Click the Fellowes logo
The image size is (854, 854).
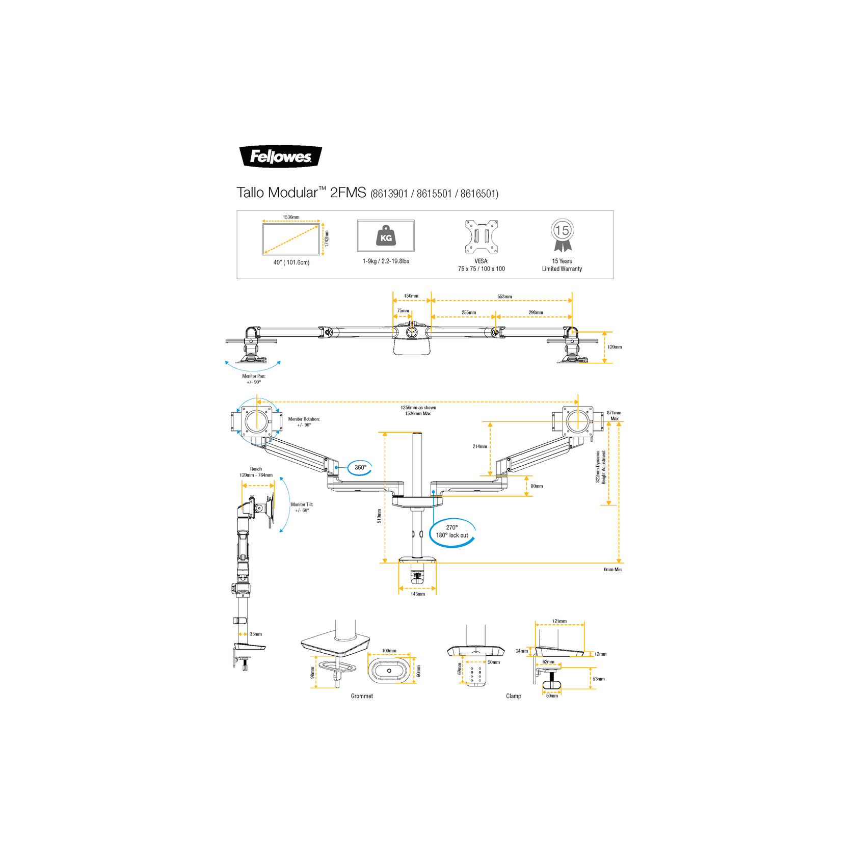(280, 156)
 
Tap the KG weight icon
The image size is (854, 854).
(386, 236)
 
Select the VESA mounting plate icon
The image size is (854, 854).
(481, 236)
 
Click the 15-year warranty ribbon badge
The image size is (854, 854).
(562, 235)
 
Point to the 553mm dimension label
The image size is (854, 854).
(504, 297)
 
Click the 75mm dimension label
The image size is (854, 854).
(403, 311)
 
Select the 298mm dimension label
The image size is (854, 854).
(536, 312)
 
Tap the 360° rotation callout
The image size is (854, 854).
(360, 467)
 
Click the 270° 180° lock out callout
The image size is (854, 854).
(452, 532)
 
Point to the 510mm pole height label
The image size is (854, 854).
(379, 516)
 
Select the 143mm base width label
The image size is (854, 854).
(418, 594)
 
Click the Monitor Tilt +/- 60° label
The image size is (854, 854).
(302, 508)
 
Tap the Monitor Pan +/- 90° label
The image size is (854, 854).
(254, 379)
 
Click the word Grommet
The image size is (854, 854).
(362, 696)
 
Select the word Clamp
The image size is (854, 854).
(514, 696)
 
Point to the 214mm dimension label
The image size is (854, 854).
(479, 446)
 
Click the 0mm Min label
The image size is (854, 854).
(612, 570)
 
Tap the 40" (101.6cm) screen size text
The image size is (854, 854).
(291, 262)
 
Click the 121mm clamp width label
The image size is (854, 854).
(559, 621)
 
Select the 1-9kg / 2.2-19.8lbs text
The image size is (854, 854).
(386, 261)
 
